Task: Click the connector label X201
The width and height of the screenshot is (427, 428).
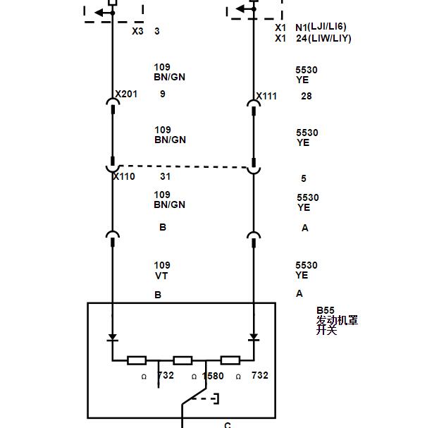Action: (126, 94)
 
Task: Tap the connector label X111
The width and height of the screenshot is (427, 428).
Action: (266, 96)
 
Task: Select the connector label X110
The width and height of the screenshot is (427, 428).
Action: (124, 176)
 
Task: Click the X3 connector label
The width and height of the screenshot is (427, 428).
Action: (137, 31)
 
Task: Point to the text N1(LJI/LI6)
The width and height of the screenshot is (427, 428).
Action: (321, 27)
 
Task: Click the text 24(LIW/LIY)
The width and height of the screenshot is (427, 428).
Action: (323, 38)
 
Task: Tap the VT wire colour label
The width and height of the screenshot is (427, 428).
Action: (161, 276)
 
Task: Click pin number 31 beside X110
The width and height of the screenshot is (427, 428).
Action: (166, 176)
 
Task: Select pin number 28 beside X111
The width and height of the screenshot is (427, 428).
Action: (307, 96)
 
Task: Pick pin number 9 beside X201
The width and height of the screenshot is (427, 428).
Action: (163, 94)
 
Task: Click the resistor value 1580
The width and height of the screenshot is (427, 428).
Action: (213, 376)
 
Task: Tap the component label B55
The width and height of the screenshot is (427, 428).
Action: (326, 310)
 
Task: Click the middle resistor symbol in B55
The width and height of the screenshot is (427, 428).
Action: (182, 360)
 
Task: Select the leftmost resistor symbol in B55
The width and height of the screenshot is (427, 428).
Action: (137, 360)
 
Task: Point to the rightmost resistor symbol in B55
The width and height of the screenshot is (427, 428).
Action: (230, 360)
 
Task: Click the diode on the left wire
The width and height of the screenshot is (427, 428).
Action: (113, 338)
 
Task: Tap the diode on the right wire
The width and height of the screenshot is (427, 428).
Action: (254, 338)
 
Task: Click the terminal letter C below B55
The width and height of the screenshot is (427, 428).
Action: (228, 424)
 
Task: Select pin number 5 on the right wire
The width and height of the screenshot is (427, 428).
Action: (304, 178)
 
